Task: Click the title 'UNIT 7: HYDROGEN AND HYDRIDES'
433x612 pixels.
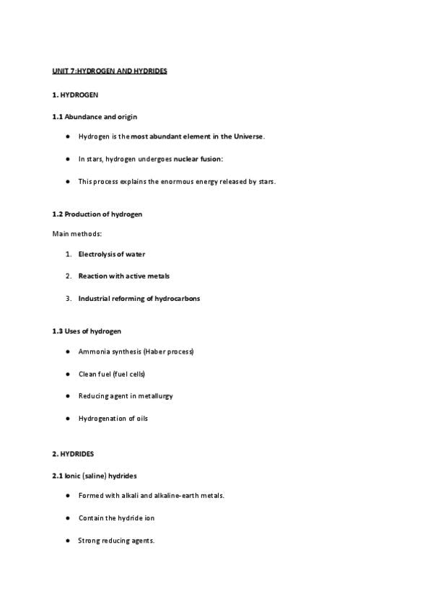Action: point(110,71)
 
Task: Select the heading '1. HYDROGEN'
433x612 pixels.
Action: point(75,95)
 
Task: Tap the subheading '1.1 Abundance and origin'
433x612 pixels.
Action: point(95,117)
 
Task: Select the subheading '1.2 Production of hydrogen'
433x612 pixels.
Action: point(97,214)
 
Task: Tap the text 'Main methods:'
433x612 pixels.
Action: point(77,234)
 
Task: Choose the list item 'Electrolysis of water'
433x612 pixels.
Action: point(112,254)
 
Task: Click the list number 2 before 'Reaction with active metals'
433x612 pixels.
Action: point(68,276)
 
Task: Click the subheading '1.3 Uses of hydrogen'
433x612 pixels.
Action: point(87,331)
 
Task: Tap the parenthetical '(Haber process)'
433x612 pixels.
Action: point(168,351)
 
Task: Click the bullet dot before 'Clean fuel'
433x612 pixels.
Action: point(67,374)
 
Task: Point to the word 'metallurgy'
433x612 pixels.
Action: point(156,396)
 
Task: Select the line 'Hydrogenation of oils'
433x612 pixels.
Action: point(113,419)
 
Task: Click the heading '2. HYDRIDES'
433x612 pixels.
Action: point(73,454)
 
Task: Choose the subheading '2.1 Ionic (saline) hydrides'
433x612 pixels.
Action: point(95,476)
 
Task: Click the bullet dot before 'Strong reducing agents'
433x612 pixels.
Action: point(67,541)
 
